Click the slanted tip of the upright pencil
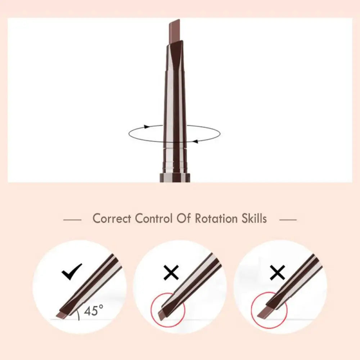click(x=175, y=29)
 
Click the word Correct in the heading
click(x=112, y=219)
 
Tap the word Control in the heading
click(x=154, y=219)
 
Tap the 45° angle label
click(x=94, y=310)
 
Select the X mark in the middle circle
click(x=171, y=273)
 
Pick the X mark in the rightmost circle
click(x=277, y=273)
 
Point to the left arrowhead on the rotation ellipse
click(x=146, y=127)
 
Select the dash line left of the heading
click(x=72, y=219)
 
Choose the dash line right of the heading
click(x=288, y=219)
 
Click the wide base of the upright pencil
click(x=175, y=177)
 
